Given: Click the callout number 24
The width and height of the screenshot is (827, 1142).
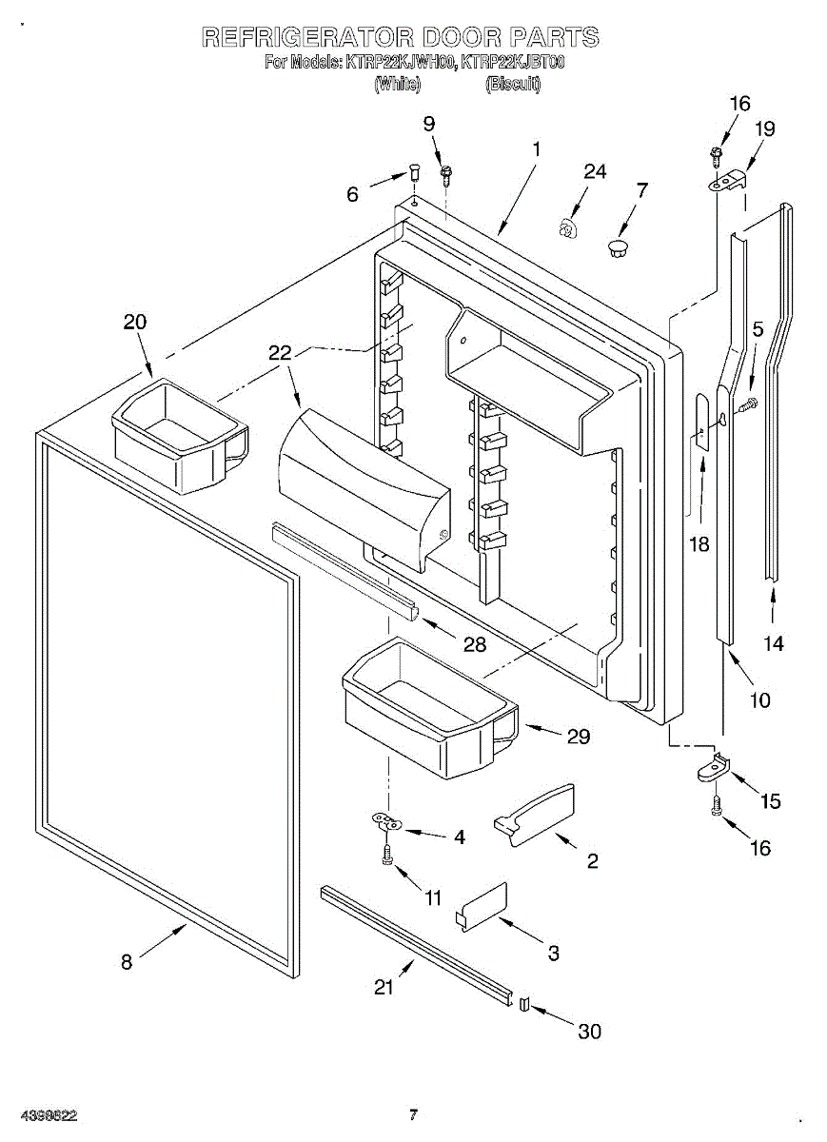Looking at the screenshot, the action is [595, 171].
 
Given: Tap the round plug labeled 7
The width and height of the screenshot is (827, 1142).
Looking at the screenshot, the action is [619, 250].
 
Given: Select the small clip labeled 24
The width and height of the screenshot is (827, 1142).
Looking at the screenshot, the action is [565, 228].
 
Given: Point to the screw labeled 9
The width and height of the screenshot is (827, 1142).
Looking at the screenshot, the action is [446, 175].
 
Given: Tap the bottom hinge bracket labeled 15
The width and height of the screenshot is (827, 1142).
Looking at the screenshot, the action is [714, 773].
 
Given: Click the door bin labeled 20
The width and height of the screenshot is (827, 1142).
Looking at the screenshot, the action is [180, 437].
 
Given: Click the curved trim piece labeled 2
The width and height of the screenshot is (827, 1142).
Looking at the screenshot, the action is [534, 816].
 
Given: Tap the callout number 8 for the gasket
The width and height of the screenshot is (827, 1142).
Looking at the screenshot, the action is [127, 962].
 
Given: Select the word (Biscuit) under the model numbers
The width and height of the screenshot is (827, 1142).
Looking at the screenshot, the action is [513, 84].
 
